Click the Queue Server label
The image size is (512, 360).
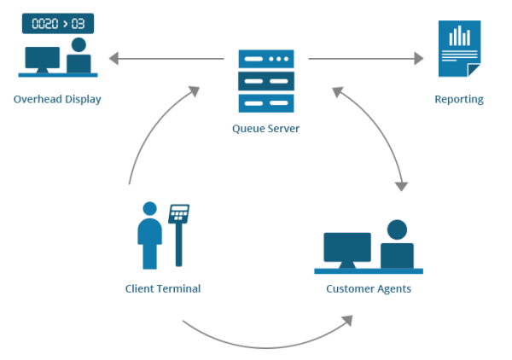coord(265,129)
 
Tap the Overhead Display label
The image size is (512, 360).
coord(57,99)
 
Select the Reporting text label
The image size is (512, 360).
coord(458,99)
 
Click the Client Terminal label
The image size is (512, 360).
coord(162,288)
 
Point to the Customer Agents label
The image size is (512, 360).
coord(369,288)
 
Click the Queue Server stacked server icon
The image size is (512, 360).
coord(265,81)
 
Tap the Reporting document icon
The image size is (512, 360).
coord(459,51)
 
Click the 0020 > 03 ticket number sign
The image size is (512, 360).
coord(57,23)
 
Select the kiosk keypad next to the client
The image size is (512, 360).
coord(179,214)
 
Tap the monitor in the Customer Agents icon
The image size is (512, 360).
coord(347,248)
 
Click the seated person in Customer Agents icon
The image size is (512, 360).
coord(397,246)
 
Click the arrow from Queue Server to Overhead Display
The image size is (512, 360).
coord(166,59)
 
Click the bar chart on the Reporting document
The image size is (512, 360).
coord(461,36)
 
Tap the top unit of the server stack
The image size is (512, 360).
coord(265,59)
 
